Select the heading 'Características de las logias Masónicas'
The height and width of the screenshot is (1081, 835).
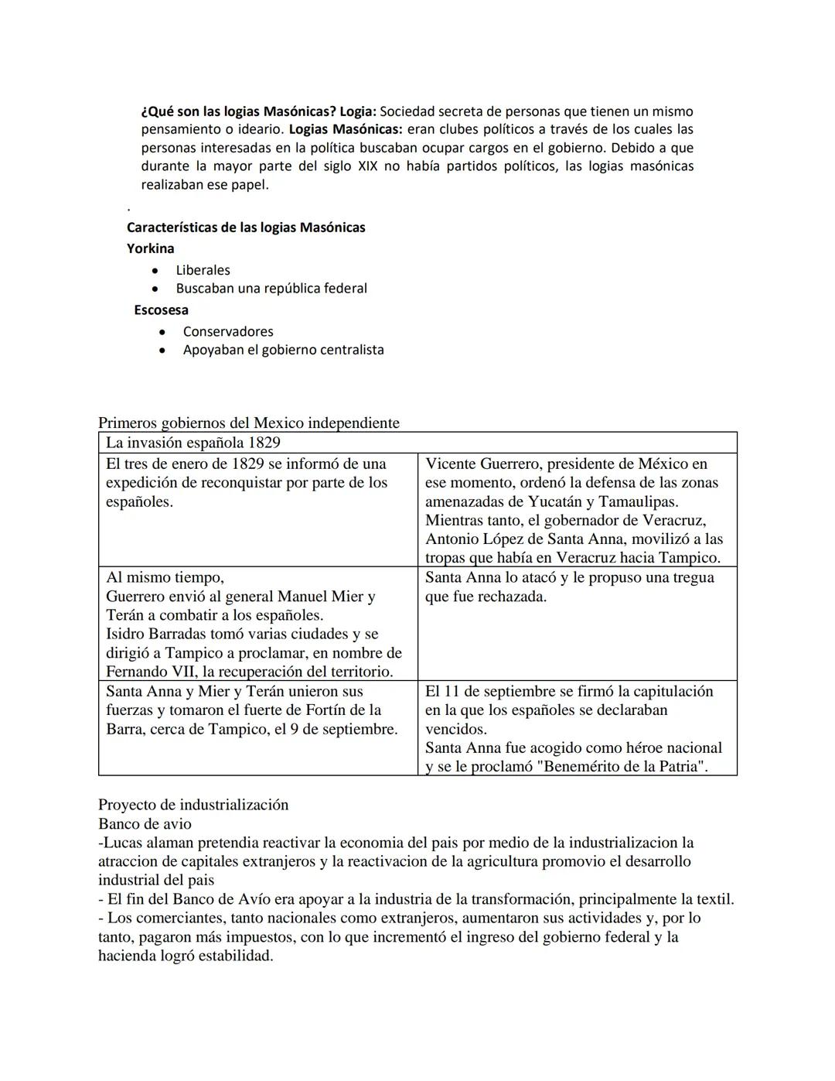point(246,227)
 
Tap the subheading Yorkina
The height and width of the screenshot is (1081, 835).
point(151,248)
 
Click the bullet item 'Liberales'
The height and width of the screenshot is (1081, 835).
point(203,270)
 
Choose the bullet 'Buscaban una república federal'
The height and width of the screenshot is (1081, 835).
point(271,289)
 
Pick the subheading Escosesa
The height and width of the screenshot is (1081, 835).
point(161,310)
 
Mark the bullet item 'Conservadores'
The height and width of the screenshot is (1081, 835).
point(228,332)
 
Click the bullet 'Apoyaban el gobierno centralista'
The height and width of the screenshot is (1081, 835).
point(283,350)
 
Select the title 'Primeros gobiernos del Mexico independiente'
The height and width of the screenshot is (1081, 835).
point(249,423)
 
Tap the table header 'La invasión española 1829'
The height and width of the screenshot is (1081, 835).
point(193,443)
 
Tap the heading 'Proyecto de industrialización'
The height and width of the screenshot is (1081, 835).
point(193,805)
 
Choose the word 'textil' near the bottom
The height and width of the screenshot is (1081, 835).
point(713,899)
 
